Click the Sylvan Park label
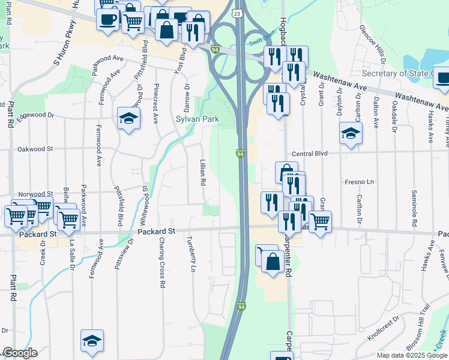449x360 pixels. pyautogui.click(x=197, y=119)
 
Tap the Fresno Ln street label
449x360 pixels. pyautogui.click(x=359, y=181)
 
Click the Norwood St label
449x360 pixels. pyautogui.click(x=35, y=194)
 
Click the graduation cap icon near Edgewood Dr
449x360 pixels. pyautogui.click(x=128, y=118)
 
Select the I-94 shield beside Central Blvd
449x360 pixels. pyautogui.click(x=240, y=155)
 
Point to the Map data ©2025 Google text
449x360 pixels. pyautogui.click(x=412, y=355)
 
